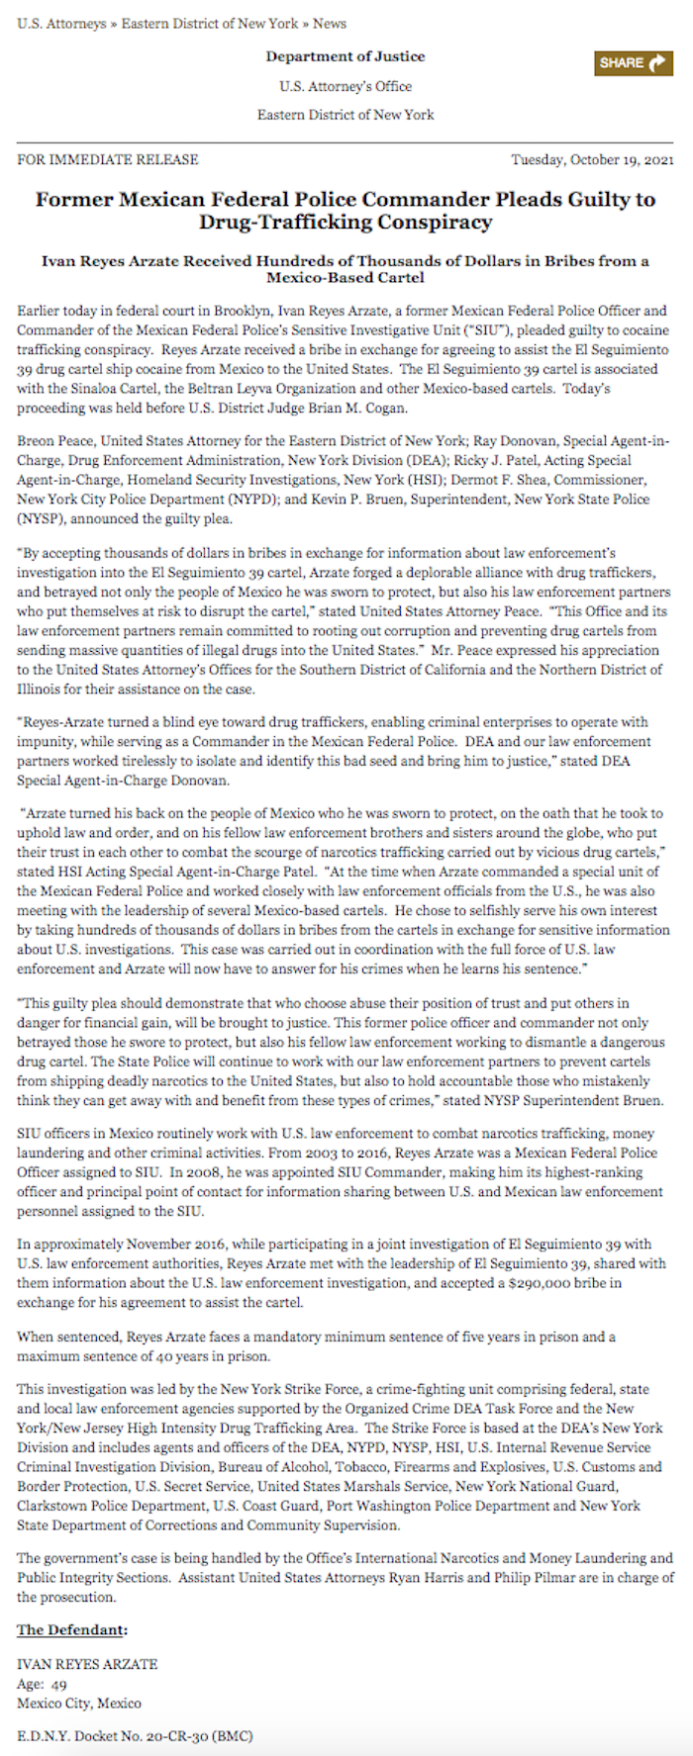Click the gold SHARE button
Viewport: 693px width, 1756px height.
coord(634,62)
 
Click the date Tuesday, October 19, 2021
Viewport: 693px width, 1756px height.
coord(592,159)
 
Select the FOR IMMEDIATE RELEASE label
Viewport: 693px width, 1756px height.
coord(107,159)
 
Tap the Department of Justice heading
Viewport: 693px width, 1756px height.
coord(346,56)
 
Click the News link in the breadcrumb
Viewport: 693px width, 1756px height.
coord(330,23)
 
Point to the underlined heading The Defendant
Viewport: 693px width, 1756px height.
coord(72,1630)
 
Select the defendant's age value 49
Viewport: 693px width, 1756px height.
coord(59,1684)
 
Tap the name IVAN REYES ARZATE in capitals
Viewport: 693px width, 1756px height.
coord(87,1664)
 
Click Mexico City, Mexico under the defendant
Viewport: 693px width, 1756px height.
coord(79,1703)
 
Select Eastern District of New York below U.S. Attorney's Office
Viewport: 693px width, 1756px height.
coord(346,115)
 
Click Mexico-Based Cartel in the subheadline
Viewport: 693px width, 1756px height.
coord(346,278)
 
